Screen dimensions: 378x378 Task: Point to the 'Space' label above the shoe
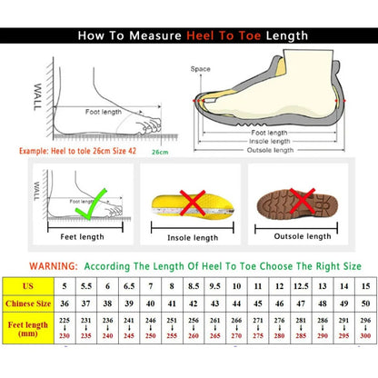point(201,69)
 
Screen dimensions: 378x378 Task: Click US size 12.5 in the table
point(301,287)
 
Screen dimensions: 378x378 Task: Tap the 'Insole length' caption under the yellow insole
point(193,238)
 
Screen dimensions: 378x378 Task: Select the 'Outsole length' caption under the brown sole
point(301,237)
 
